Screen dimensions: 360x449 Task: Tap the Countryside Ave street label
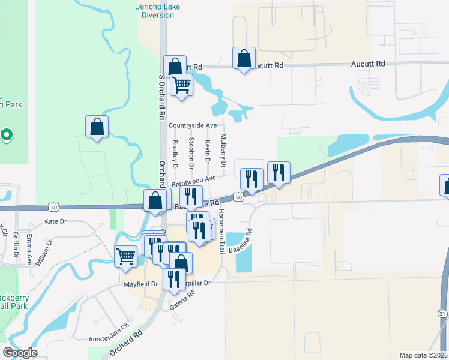pyautogui.click(x=192, y=125)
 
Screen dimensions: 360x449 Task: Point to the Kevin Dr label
pyautogui.click(x=207, y=152)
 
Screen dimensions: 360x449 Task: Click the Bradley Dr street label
pyautogui.click(x=175, y=154)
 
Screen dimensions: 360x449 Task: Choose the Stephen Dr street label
pyautogui.click(x=191, y=152)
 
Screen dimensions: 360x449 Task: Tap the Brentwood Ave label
pyautogui.click(x=193, y=179)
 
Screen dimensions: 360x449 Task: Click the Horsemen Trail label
pyautogui.click(x=221, y=230)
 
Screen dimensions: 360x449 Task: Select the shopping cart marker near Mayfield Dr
pyautogui.click(x=125, y=256)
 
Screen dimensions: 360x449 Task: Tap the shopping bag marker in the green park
pyautogui.click(x=97, y=127)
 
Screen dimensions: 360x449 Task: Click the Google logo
pyautogui.click(x=20, y=353)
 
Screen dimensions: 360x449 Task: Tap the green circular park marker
pyautogui.click(x=6, y=134)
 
